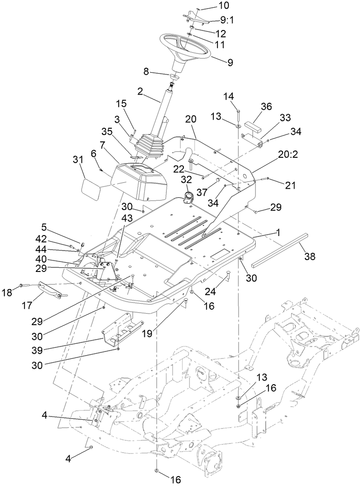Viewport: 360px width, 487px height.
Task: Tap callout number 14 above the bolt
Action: (x=229, y=97)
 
